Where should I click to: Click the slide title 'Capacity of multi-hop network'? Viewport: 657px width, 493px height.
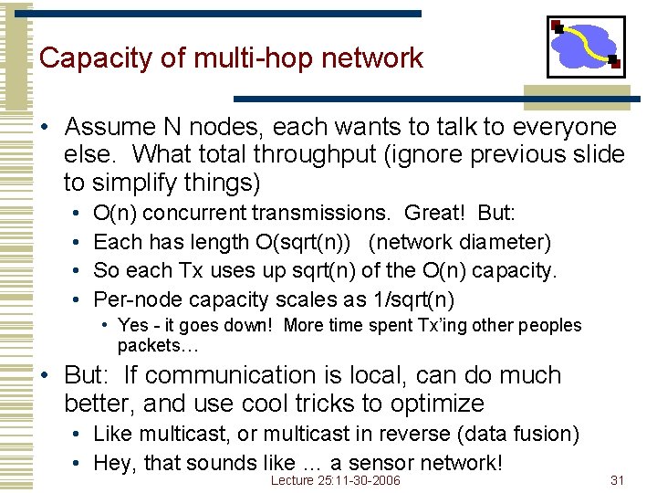231,58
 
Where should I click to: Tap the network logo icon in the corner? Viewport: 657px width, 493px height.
585,47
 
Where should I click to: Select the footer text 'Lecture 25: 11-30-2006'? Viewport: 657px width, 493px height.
336,480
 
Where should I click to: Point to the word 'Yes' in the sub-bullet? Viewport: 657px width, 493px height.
134,326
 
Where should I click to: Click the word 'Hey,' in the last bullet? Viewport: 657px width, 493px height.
115,463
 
